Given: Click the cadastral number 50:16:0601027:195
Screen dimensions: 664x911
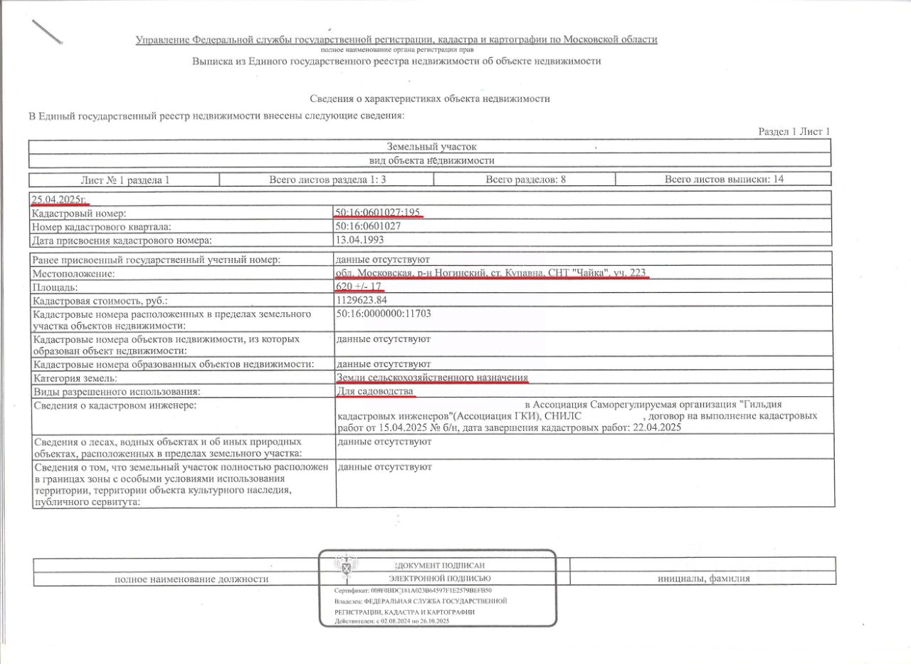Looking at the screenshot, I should pyautogui.click(x=379, y=213).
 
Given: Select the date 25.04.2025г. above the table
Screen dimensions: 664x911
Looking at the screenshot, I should pyautogui.click(x=58, y=199).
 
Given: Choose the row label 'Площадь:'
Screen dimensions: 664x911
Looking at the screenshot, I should pyautogui.click(x=56, y=287).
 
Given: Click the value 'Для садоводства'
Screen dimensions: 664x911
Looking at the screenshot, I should pyautogui.click(x=374, y=392).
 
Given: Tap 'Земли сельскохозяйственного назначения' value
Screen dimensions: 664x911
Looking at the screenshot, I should pyautogui.click(x=432, y=378).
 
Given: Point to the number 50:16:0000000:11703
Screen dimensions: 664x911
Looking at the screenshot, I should pyautogui.click(x=384, y=313).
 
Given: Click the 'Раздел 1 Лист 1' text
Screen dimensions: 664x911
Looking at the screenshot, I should pyautogui.click(x=794, y=132).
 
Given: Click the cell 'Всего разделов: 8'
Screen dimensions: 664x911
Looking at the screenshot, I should pyautogui.click(x=526, y=180).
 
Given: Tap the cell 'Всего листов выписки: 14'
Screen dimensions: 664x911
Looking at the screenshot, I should pyautogui.click(x=724, y=180).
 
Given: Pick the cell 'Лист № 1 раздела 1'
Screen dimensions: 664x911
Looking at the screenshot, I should pyautogui.click(x=125, y=180).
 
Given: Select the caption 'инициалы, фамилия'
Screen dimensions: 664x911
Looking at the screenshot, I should pyautogui.click(x=703, y=579).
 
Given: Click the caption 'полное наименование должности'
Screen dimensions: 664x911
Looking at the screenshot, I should pyautogui.click(x=191, y=579).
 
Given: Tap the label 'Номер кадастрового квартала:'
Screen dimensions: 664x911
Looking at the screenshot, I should pyautogui.click(x=102, y=227).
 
